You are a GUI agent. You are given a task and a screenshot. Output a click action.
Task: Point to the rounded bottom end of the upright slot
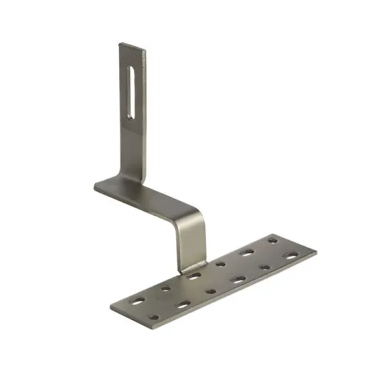coord(131,116)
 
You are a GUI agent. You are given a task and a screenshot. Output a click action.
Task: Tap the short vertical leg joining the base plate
coord(191,250)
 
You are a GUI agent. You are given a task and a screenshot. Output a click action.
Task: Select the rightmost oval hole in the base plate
coord(291,256)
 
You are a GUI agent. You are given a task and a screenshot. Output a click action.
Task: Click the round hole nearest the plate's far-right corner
coord(273,239)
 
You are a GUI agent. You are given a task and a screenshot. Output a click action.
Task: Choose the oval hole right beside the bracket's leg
coord(194,275)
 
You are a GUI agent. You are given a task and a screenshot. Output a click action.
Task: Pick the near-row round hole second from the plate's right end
coord(264,268)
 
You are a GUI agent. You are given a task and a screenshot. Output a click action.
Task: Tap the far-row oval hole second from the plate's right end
coord(247,252)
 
